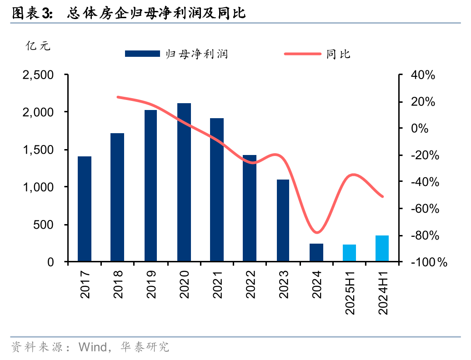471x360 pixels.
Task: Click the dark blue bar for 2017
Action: (85, 209)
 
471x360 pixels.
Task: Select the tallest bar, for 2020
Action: (184, 182)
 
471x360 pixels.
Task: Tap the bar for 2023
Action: (283, 220)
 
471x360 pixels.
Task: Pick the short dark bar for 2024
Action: (316, 253)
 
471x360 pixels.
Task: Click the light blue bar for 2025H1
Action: (349, 253)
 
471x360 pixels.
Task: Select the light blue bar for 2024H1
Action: (382, 248)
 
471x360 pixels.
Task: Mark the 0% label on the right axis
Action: (420, 129)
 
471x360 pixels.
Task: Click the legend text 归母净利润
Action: (196, 54)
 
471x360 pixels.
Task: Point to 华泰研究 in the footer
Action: (145, 348)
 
